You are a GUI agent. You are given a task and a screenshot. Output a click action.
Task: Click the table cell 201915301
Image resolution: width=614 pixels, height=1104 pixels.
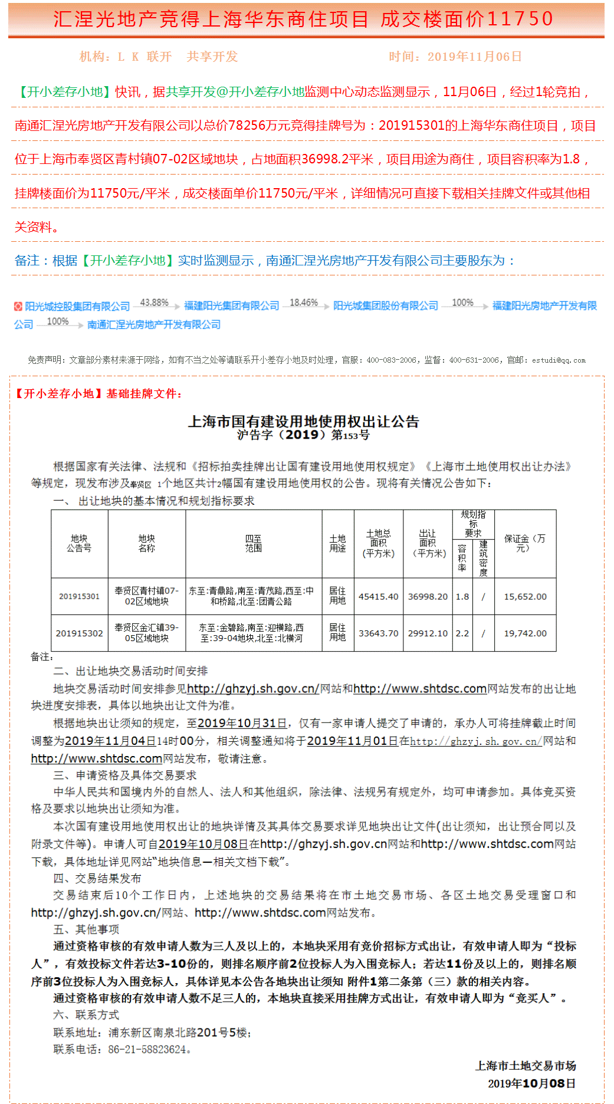click(79, 596)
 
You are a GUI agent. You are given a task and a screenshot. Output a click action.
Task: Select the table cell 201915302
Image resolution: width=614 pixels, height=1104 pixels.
click(79, 633)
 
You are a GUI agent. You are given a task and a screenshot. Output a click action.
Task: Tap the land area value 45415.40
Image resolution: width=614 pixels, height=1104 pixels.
click(378, 596)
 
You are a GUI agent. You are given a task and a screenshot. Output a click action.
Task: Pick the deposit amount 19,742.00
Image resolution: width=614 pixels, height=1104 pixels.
click(525, 633)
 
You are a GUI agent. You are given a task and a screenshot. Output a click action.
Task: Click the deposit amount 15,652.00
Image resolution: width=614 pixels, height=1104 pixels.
click(525, 596)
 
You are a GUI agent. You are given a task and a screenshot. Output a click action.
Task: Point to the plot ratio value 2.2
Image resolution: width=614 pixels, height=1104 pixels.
click(462, 633)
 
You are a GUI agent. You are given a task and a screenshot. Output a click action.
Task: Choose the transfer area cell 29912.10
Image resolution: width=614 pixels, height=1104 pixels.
click(428, 633)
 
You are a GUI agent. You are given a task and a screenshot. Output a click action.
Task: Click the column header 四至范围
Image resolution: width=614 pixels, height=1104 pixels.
click(253, 543)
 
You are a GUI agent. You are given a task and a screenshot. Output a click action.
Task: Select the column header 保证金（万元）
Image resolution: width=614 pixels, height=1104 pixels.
click(524, 543)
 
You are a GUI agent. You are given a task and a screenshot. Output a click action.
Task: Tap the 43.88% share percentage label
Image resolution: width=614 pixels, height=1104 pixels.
click(154, 303)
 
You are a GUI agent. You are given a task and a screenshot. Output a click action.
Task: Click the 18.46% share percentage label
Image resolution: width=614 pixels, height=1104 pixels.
click(304, 303)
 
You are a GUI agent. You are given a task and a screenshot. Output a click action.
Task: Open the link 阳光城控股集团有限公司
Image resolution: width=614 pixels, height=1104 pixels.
click(77, 307)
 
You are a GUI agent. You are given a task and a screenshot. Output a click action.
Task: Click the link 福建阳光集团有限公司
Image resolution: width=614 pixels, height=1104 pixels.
click(231, 305)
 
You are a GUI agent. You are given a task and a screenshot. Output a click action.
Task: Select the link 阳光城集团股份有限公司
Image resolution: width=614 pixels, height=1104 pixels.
click(386, 305)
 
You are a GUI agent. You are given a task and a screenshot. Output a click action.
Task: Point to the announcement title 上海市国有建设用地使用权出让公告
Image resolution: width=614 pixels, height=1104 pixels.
click(303, 422)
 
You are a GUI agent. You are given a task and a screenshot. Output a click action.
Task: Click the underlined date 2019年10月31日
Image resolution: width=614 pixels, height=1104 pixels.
click(242, 723)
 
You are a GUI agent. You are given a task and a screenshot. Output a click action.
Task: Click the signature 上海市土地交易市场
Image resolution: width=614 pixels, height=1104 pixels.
click(526, 1066)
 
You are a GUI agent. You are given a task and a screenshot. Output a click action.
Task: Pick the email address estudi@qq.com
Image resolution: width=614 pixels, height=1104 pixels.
click(559, 360)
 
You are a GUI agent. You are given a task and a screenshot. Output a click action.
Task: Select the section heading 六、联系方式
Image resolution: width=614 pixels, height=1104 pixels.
click(86, 1015)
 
